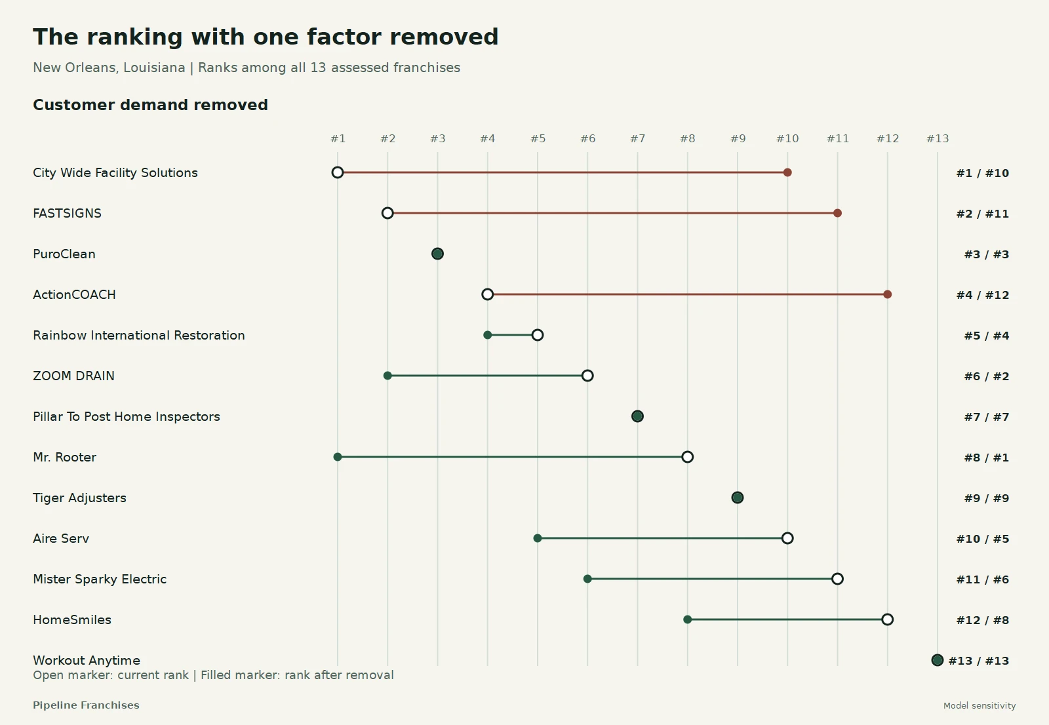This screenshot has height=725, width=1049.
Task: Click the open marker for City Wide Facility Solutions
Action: coord(337,172)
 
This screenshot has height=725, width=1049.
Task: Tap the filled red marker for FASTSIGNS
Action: coord(837,213)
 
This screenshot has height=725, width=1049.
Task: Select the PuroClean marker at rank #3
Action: coord(437,254)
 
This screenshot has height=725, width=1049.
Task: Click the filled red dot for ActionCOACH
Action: coord(888,294)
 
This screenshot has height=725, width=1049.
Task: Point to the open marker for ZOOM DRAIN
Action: coord(587,376)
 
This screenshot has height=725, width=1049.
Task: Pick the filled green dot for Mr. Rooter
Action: coord(337,457)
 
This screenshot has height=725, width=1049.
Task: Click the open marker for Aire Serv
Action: coord(787,538)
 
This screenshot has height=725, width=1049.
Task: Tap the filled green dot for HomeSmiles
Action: coord(688,619)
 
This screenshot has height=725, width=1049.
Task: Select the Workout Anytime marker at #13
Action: coord(937,660)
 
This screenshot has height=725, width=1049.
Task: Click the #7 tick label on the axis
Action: coord(637,138)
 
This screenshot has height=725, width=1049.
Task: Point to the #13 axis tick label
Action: coord(938,138)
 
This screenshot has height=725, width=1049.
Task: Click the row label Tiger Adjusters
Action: coord(79,498)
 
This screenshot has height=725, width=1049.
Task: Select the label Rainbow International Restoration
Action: coord(138,336)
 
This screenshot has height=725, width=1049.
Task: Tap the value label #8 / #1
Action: coord(986,458)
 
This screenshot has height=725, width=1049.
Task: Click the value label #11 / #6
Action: coord(983,579)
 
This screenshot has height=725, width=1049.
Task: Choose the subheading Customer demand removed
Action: coord(150,105)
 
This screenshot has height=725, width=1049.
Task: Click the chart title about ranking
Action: coord(266,37)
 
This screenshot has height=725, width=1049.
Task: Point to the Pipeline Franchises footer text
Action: coord(86,705)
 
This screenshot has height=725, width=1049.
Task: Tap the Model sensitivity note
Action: coord(980,706)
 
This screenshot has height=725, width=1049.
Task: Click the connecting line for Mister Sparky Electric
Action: coord(712,579)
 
